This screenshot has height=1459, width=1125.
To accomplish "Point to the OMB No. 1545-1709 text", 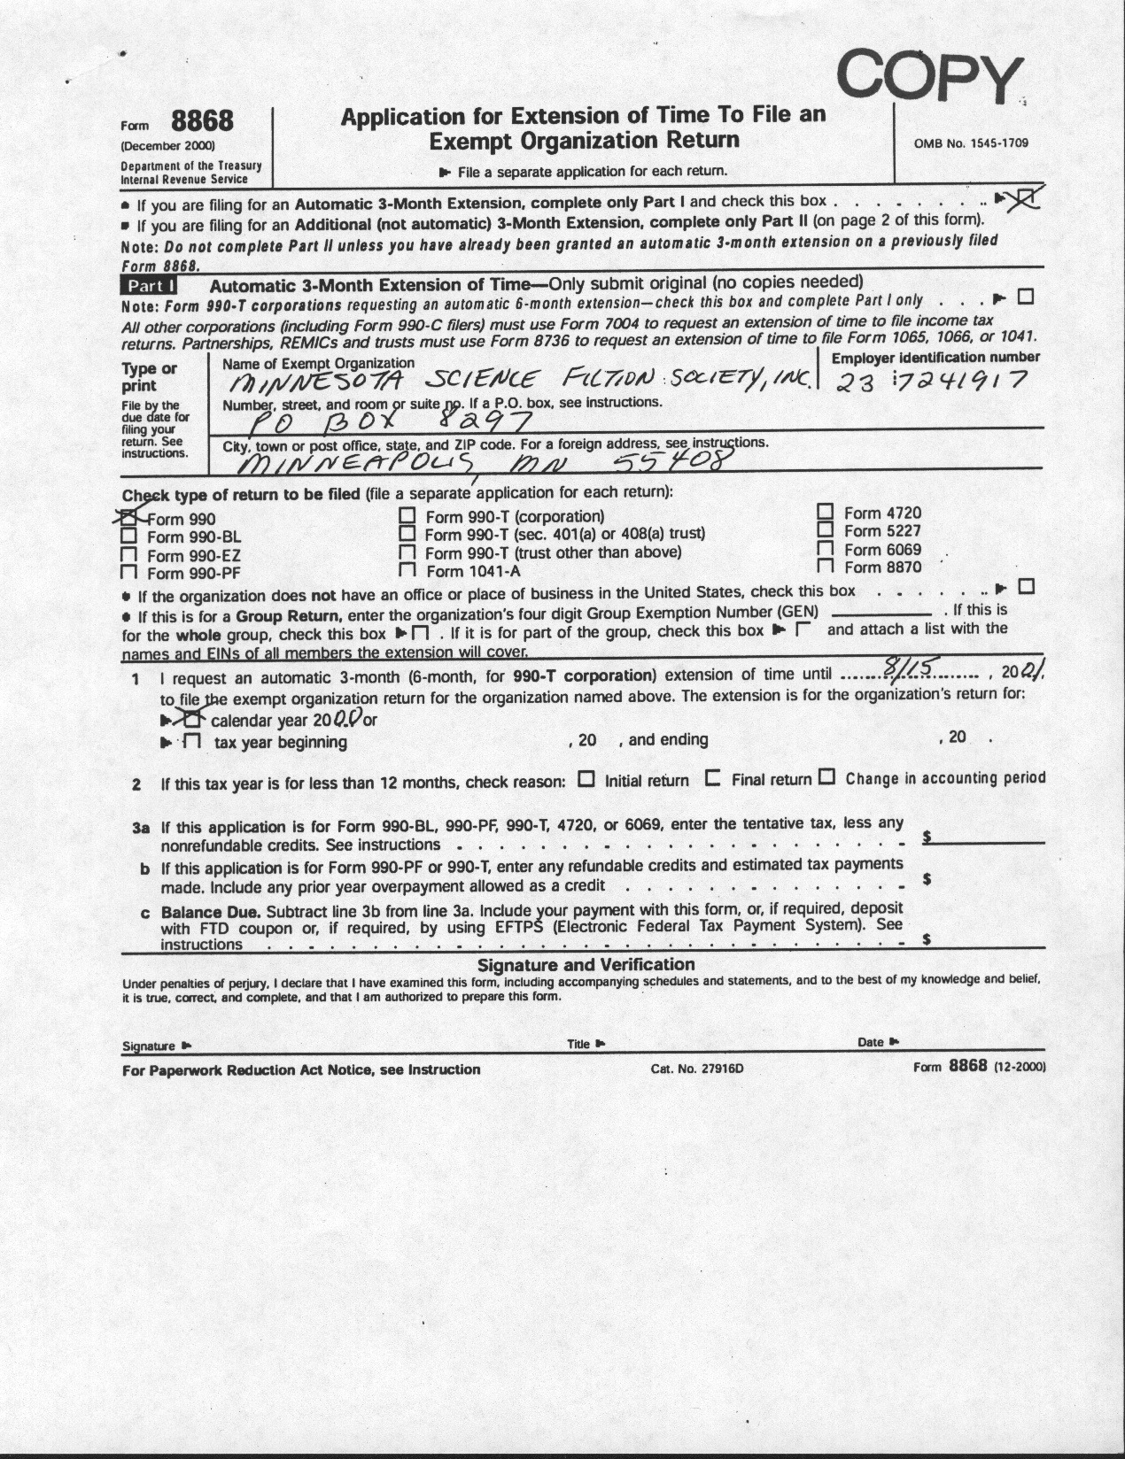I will point(972,143).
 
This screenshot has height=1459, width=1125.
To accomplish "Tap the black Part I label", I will point(149,286).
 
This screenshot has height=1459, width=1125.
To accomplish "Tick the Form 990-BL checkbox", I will point(129,536).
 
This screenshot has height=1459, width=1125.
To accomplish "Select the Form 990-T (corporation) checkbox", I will point(407,515).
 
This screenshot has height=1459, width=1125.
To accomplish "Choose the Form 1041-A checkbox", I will point(407,571).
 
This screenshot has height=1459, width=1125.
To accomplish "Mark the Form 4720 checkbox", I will point(826,512).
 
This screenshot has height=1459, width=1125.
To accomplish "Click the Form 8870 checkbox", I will point(826,567).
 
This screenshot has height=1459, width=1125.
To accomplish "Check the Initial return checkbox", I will point(586,779).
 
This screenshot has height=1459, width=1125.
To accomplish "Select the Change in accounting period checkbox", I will point(827,778).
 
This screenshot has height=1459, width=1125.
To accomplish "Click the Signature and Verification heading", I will point(586,964).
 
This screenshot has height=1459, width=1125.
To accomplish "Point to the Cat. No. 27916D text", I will point(696,1069).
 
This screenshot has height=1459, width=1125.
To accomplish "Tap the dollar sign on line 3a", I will point(927,837).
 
